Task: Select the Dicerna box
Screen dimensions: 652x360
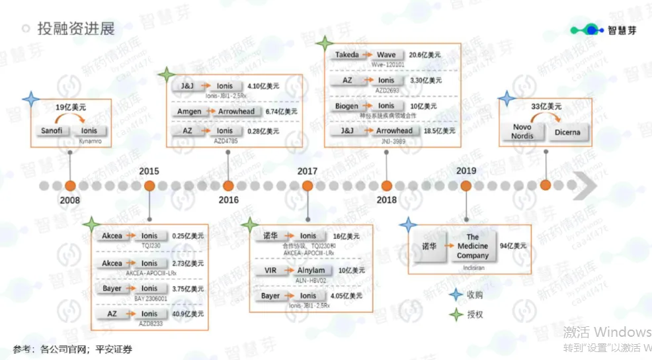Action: click(x=567, y=132)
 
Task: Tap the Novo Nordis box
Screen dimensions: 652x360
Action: click(x=522, y=131)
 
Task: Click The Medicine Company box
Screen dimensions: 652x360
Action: click(x=472, y=246)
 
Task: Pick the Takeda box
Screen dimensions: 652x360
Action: click(x=347, y=55)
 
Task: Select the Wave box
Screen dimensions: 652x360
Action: click(x=386, y=55)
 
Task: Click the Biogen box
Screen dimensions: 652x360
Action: click(x=347, y=106)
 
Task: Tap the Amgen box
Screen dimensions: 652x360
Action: click(x=189, y=112)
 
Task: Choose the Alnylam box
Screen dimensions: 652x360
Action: click(x=310, y=270)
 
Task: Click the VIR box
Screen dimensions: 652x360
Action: click(x=270, y=270)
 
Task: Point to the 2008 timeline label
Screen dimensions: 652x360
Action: click(x=70, y=200)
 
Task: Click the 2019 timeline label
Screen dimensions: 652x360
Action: click(x=466, y=171)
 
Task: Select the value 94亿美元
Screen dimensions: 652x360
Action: click(x=513, y=246)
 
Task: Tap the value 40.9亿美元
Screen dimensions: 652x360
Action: click(x=188, y=314)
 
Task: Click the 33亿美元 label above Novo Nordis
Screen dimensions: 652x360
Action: click(x=546, y=106)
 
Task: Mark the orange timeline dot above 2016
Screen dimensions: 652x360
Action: click(x=228, y=185)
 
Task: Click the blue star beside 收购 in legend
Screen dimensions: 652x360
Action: click(x=454, y=295)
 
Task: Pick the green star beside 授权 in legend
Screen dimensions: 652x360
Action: click(x=454, y=314)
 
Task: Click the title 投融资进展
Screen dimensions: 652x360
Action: click(x=76, y=28)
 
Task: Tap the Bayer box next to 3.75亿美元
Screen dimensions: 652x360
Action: click(x=112, y=289)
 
